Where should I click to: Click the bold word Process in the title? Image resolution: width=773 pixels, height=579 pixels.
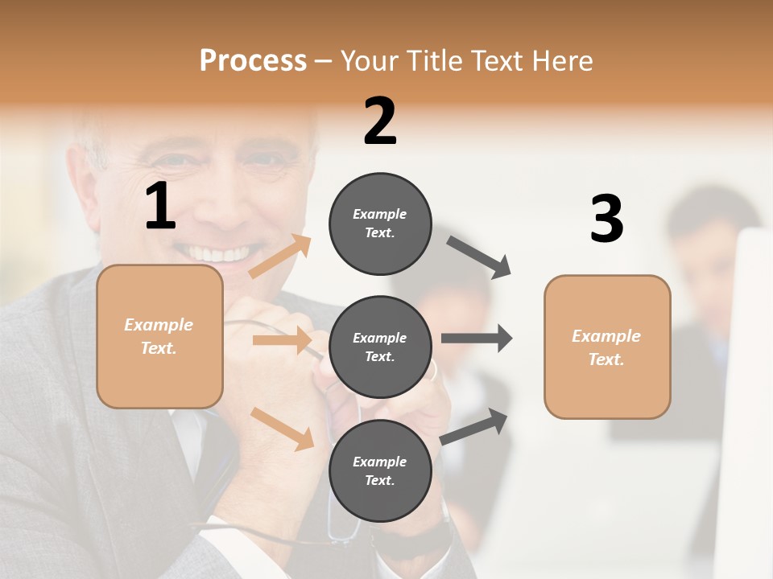click(x=253, y=60)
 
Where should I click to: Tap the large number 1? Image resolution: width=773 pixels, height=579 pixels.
click(x=160, y=207)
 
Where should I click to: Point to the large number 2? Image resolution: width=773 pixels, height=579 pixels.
click(x=380, y=121)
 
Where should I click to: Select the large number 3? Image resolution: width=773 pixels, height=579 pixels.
click(x=606, y=219)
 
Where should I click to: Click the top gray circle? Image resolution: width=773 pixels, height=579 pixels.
click(x=380, y=224)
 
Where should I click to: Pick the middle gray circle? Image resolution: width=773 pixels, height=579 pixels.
click(x=380, y=347)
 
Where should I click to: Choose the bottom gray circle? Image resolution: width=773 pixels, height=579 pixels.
click(x=380, y=470)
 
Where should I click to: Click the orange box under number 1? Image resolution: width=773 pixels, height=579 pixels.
click(x=159, y=336)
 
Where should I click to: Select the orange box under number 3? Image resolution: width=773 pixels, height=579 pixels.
click(x=607, y=347)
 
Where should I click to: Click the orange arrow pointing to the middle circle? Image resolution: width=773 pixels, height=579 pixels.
click(x=282, y=340)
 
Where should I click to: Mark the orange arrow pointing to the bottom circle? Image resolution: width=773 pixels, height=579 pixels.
click(x=283, y=429)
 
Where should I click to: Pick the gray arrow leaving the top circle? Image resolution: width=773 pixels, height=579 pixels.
click(x=478, y=257)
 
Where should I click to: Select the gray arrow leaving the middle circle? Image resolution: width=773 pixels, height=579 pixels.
click(x=476, y=339)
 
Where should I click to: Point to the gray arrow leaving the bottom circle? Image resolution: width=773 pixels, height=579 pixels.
click(x=474, y=426)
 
